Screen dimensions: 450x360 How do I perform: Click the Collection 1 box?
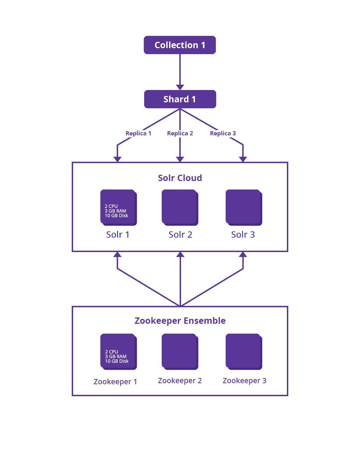point(180,45)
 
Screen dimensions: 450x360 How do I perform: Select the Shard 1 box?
point(180,99)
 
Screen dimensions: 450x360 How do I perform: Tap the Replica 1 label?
point(138,133)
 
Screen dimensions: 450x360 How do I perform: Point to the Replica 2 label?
point(180,133)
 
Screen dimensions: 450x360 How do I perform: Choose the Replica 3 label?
point(223,133)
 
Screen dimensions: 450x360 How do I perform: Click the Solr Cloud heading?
point(180,178)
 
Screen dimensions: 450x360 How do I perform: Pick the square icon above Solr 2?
point(180,207)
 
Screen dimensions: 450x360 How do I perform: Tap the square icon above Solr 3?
point(244,207)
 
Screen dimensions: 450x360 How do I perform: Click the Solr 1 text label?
point(118,234)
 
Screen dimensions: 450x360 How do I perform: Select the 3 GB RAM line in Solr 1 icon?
point(115,211)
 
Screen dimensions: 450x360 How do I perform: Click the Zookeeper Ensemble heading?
point(180,321)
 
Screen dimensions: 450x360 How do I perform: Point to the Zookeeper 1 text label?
point(115,381)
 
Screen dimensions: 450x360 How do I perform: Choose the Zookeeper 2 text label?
point(180,380)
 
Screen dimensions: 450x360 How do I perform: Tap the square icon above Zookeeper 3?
point(244,352)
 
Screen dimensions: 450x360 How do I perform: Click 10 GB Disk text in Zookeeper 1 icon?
point(117,361)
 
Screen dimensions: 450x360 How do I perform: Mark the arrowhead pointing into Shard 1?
point(180,87)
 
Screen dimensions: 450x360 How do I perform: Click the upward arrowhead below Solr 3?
point(243,254)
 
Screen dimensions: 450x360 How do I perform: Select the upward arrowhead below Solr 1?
point(117,254)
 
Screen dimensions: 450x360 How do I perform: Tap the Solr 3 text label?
point(243,234)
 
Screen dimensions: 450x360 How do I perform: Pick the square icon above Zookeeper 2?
point(180,352)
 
